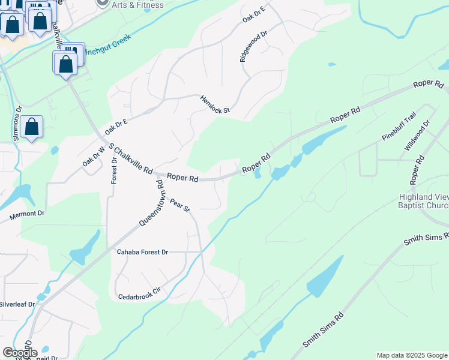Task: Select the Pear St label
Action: click(x=179, y=205)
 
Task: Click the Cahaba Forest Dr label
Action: click(x=143, y=252)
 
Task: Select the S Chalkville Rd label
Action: click(x=130, y=159)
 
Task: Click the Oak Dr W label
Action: click(x=93, y=157)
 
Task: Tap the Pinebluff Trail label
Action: click(x=399, y=128)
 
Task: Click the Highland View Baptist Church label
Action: click(x=424, y=202)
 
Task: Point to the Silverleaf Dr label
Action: click(x=17, y=304)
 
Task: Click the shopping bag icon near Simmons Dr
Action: click(x=32, y=127)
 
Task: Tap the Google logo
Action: click(x=19, y=352)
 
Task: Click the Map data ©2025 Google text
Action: click(x=412, y=355)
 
